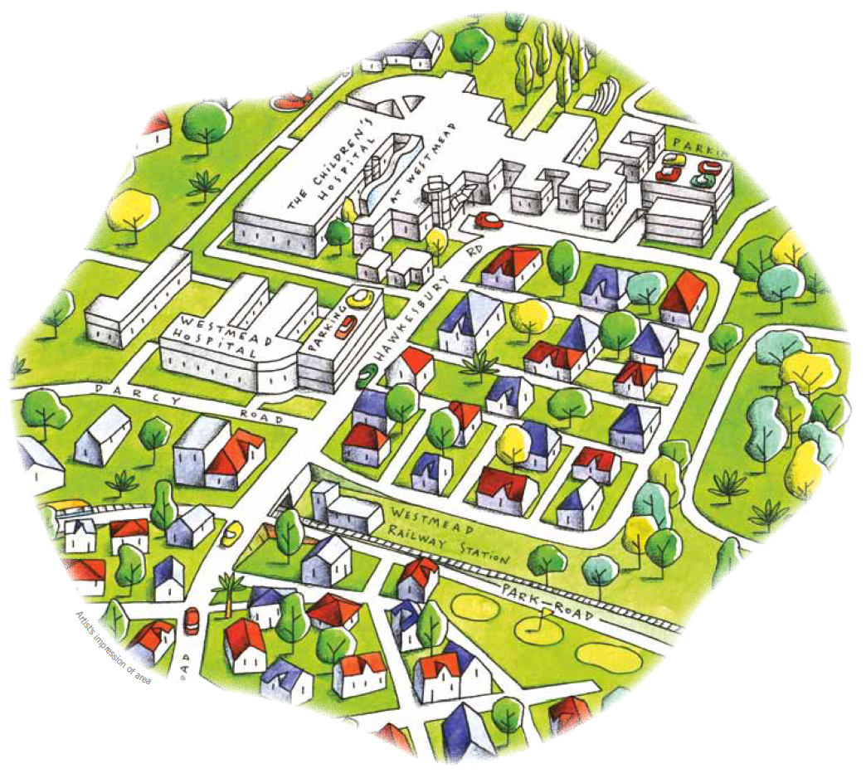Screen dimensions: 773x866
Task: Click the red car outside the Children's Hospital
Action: coord(489,221)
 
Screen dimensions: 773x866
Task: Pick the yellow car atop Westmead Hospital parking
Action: coord(361,296)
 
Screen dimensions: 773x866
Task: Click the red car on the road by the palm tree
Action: coord(192,620)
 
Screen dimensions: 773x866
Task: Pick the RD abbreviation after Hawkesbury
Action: coord(474,250)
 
